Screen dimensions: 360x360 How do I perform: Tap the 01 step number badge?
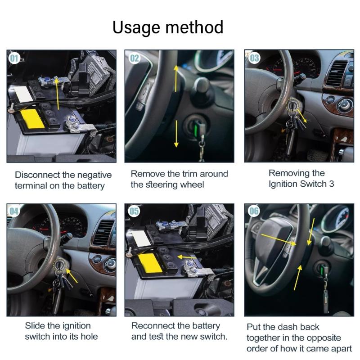(14, 58)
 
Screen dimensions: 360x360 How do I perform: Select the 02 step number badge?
(135, 58)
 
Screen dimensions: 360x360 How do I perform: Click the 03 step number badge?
(254, 58)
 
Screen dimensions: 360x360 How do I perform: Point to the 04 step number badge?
(14, 211)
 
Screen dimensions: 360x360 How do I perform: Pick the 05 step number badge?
(135, 211)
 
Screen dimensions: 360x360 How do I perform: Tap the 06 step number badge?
(254, 211)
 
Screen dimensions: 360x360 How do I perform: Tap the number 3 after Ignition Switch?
(331, 184)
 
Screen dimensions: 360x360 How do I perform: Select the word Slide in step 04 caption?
(35, 326)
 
